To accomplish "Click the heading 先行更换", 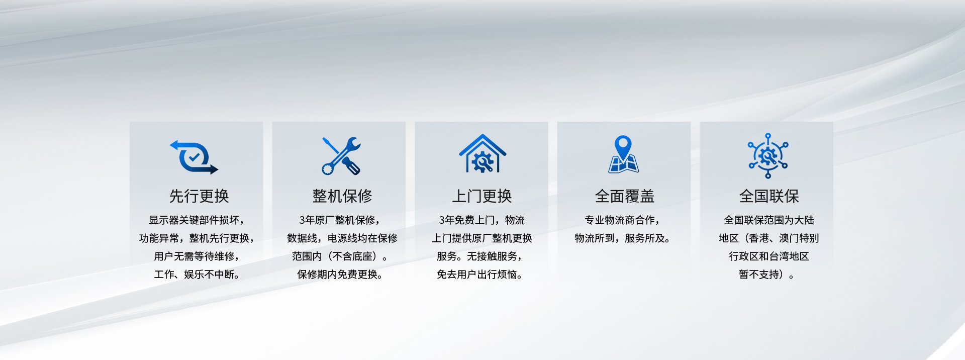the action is (199, 196).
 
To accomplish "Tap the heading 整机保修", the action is (342, 196).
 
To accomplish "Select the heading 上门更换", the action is (481, 196).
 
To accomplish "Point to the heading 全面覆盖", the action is (624, 196).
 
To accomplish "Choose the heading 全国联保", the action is (769, 196).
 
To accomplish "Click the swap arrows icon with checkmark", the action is (194, 157).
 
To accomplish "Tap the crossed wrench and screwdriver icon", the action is (341, 156).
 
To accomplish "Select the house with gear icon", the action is (482, 153).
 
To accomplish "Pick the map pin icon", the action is (623, 154).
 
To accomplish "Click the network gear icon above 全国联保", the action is (767, 156).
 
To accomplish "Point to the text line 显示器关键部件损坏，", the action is (197, 220).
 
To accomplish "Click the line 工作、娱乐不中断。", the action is (197, 275).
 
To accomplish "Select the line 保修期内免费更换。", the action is (339, 275).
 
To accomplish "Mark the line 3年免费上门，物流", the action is (481, 220).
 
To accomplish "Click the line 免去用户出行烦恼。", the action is (479, 275).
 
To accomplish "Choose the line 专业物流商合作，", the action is (622, 220).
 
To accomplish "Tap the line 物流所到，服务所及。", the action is (622, 238).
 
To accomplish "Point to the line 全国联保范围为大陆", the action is (769, 220).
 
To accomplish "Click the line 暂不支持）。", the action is (766, 275).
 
